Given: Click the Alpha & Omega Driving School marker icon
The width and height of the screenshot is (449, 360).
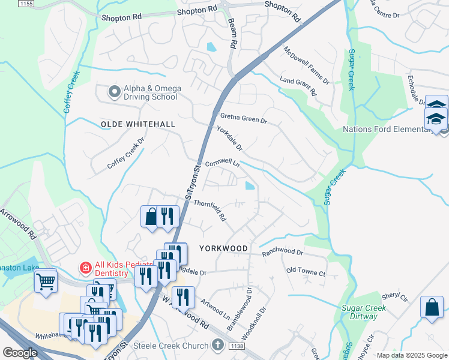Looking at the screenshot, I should point(113,92).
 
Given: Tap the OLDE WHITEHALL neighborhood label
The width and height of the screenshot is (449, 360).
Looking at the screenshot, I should point(137,124).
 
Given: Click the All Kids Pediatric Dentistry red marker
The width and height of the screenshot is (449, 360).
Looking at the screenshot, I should point(86,268).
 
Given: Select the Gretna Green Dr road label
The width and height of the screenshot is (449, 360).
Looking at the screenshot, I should point(243,118).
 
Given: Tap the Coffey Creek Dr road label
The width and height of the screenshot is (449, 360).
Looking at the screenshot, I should point(127,154).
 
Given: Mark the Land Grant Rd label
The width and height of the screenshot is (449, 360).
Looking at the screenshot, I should point(298,86).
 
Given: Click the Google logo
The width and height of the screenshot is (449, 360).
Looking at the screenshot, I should point(20,353).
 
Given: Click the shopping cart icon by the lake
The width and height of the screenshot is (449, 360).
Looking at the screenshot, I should point(46,280).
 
